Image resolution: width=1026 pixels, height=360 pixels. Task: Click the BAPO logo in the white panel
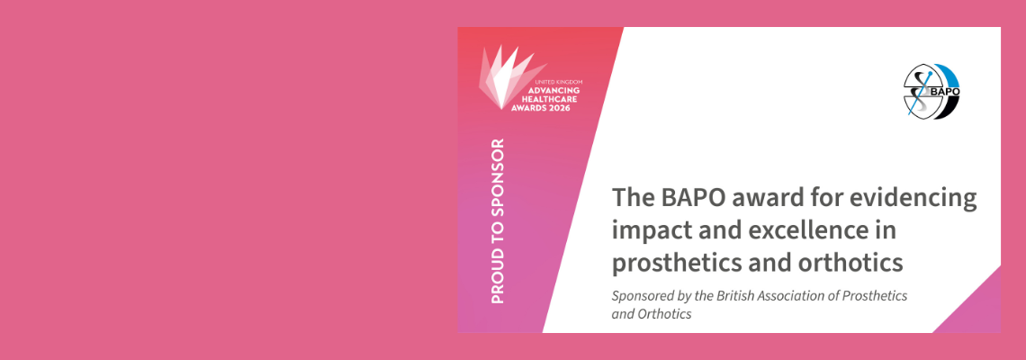click(931, 91)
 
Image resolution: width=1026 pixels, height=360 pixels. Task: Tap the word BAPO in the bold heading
click(691, 199)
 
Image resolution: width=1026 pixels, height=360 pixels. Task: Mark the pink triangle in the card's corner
click(977, 309)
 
